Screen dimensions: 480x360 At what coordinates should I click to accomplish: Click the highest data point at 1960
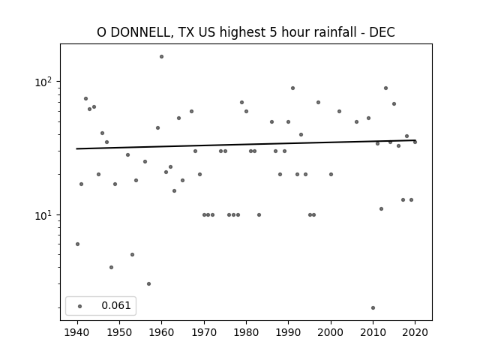162,57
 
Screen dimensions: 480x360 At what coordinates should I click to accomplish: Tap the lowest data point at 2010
373,308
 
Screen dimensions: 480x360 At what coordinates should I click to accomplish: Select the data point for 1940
78,244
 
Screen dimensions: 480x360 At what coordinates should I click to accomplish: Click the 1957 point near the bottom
148,283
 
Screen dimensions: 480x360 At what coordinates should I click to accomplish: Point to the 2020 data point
415,142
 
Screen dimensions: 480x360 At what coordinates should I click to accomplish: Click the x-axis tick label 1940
77,333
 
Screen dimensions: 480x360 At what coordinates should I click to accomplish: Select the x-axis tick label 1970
204,333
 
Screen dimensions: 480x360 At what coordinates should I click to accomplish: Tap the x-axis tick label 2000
331,333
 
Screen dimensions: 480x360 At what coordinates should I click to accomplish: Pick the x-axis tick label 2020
415,333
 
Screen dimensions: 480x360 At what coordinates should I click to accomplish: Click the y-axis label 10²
44,82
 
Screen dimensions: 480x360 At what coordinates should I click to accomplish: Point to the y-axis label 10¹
44,215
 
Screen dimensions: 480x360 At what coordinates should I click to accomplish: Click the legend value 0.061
116,305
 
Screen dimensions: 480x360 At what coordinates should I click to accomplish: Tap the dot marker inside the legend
80,306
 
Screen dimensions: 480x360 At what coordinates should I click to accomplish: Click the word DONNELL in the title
141,32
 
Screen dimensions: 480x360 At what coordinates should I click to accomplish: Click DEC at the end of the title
382,32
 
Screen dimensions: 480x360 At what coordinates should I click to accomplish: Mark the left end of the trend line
76,148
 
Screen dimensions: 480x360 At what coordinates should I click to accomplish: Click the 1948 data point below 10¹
112,267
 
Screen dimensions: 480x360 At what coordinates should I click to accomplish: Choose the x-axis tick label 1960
162,333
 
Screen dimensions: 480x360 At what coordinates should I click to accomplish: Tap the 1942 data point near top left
86,98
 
